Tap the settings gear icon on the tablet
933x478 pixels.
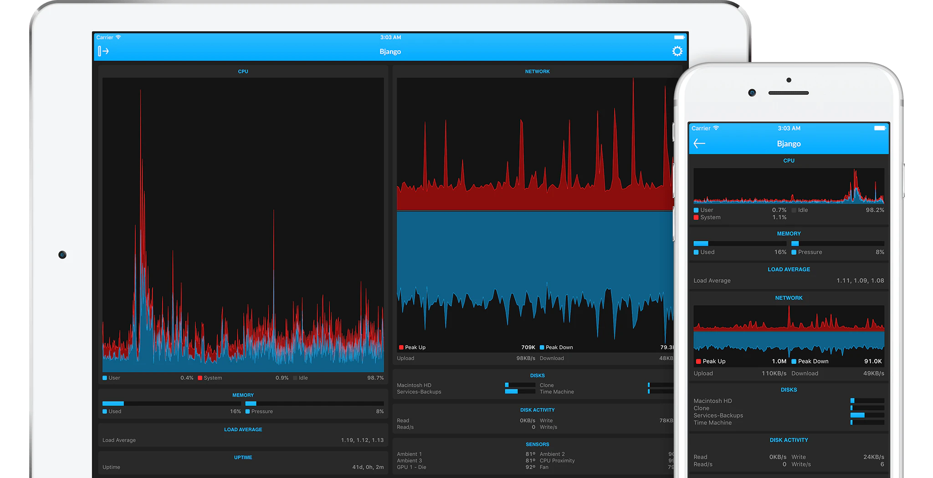[677, 51]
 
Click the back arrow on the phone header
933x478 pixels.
[699, 144]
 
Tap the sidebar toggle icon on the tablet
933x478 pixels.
[103, 52]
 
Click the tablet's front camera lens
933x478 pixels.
[62, 255]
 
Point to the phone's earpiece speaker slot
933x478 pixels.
[788, 93]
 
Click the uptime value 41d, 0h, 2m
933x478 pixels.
[368, 467]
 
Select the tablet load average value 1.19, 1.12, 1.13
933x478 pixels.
[362, 440]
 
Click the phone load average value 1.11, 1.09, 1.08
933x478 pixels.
[860, 281]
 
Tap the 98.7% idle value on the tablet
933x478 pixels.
[375, 378]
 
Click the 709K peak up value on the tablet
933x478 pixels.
[528, 347]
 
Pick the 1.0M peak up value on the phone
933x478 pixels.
[779, 361]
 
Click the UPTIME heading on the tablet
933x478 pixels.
[243, 457]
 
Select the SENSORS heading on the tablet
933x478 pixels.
[537, 444]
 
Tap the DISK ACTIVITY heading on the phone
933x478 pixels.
[789, 440]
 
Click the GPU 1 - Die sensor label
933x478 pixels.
[411, 467]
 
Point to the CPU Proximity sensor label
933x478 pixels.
[557, 461]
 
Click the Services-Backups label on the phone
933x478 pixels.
[718, 416]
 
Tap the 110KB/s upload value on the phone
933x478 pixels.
[774, 374]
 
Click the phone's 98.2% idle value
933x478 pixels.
[875, 210]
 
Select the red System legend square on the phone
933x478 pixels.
[696, 218]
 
